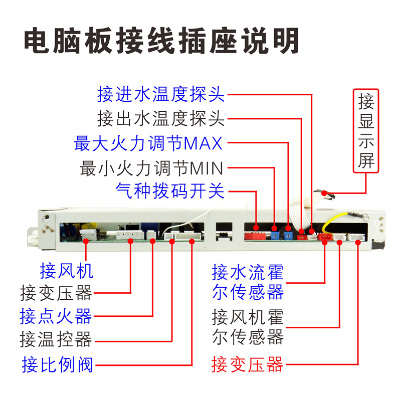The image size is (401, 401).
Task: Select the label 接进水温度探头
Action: coord(161,94)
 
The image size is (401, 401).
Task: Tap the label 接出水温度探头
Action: coord(161,119)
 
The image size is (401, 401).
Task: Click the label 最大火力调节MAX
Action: coord(148,143)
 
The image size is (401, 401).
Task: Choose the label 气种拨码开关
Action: coord(169,190)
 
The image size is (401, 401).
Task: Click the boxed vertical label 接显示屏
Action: coord(366,131)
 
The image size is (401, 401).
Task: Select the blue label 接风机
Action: coord(67,271)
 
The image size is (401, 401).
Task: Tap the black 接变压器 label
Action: coord(56,292)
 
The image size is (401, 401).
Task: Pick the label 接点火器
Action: coord(56,316)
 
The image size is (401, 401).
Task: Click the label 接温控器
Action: coord(56,340)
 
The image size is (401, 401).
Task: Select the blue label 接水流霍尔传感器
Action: coord(248,282)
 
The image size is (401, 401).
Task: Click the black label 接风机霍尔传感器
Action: coord(248,327)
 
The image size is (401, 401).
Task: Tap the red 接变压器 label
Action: coord(248,364)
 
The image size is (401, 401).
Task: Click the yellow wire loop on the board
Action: coord(335,221)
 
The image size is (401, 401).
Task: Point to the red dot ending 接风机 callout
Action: coord(86,242)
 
